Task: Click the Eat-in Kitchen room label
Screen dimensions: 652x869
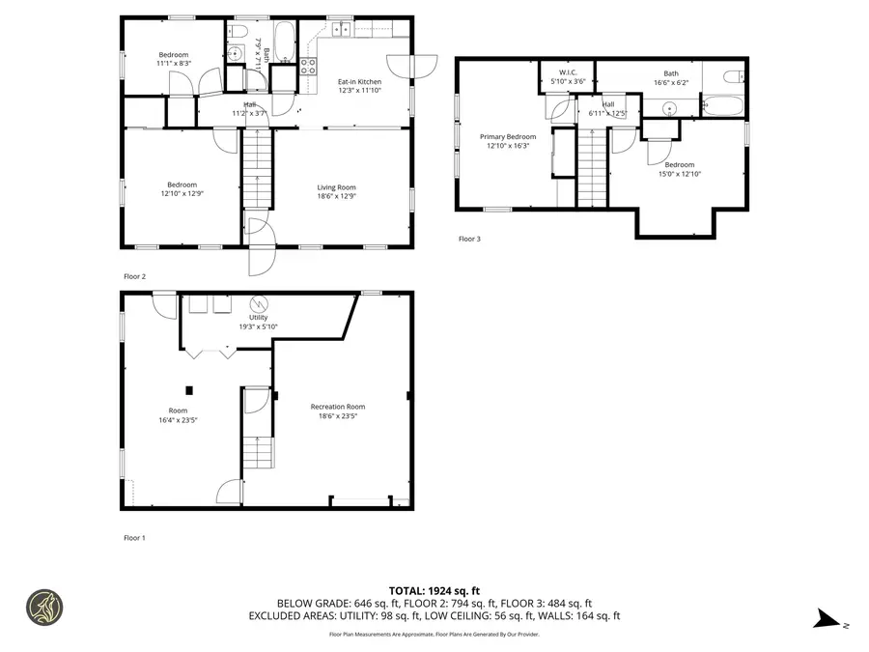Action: (358, 87)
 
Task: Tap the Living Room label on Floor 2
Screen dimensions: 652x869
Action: (337, 192)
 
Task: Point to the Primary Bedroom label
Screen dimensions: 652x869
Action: (508, 142)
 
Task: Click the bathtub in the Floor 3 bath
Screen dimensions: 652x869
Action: (721, 103)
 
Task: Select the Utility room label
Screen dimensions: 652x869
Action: (258, 322)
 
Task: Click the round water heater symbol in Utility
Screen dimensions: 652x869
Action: (259, 301)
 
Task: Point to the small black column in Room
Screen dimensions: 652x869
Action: (190, 390)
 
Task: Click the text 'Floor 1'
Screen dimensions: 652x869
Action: (134, 537)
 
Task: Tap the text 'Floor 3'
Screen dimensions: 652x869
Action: (468, 239)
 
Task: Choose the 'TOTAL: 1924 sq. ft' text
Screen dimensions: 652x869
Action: (434, 589)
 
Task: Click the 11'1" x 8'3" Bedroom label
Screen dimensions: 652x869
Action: (174, 59)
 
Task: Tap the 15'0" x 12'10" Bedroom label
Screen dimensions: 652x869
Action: (679, 170)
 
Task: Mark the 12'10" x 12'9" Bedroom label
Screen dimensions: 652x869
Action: (182, 189)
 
